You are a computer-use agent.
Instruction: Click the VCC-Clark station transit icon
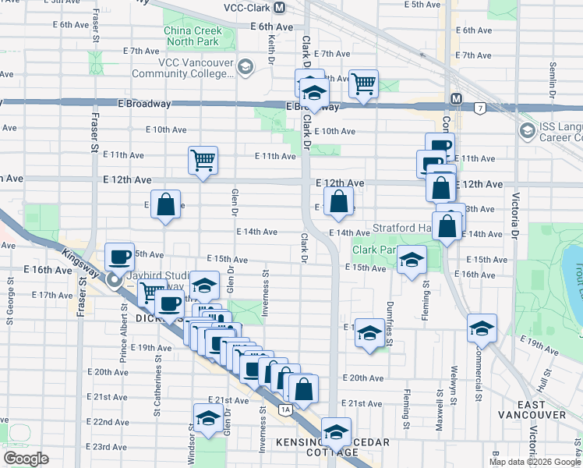[278, 6]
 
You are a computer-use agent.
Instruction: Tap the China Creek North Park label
[193, 37]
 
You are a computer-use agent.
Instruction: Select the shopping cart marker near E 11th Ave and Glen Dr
[203, 161]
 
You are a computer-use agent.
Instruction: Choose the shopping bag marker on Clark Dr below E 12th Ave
[338, 202]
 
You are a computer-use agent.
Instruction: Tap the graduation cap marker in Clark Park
[411, 261]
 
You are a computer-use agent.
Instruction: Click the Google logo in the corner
[26, 459]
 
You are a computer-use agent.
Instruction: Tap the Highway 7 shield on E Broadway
[479, 107]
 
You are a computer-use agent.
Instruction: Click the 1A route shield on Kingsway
[286, 409]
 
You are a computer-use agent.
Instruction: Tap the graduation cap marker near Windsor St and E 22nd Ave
[208, 420]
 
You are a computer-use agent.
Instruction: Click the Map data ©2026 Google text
[534, 461]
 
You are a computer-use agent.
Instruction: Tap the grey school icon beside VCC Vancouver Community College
[246, 67]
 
